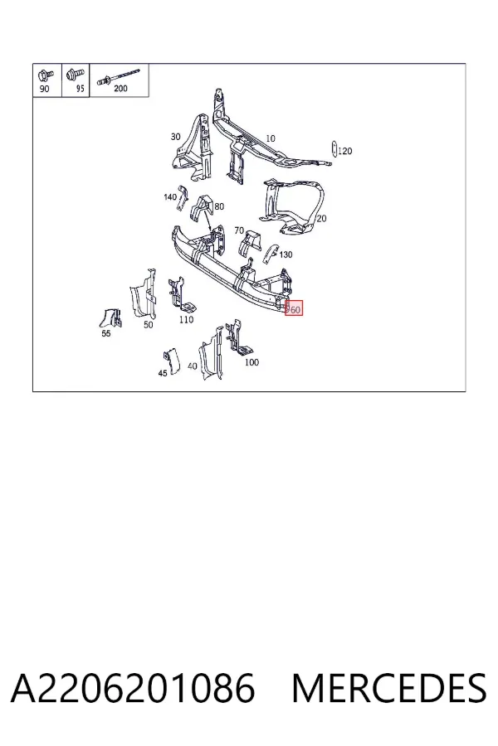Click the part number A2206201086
(x=133, y=688)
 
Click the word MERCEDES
(x=389, y=688)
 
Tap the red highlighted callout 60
(x=294, y=310)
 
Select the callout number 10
(x=271, y=138)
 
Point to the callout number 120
(x=344, y=152)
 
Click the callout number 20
(x=322, y=218)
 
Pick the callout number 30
(x=175, y=137)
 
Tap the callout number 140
(x=170, y=197)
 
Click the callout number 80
(x=219, y=206)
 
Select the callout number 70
(x=239, y=230)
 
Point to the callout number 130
(x=286, y=254)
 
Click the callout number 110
(x=186, y=320)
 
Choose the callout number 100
(x=251, y=362)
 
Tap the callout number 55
(x=105, y=333)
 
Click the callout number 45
(x=163, y=374)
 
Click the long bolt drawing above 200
(x=119, y=76)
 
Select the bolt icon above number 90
(x=46, y=75)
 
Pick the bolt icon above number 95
(x=75, y=75)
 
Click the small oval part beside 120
(x=334, y=148)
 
